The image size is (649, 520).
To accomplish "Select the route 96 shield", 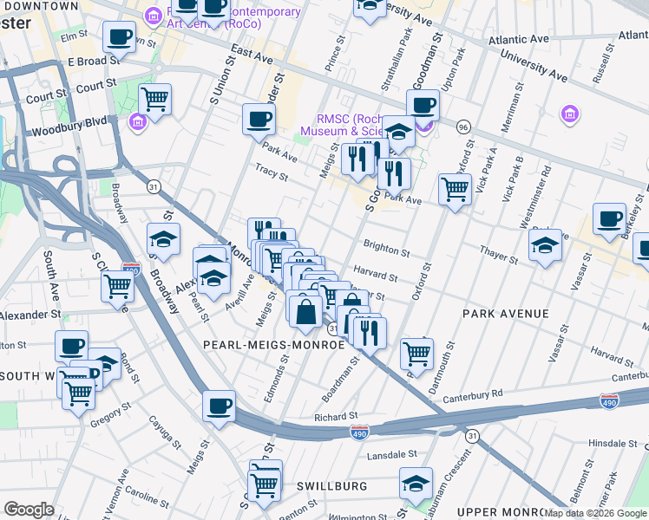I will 464,127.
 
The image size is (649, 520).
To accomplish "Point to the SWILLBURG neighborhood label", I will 331,486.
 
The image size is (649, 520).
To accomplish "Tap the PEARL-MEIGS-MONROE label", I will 273,344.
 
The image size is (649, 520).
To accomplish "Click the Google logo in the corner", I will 29,510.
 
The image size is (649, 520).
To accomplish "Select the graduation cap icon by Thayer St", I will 544,245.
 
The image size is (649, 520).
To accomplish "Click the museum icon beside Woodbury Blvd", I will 137,120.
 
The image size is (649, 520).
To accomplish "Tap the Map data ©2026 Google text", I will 595,513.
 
